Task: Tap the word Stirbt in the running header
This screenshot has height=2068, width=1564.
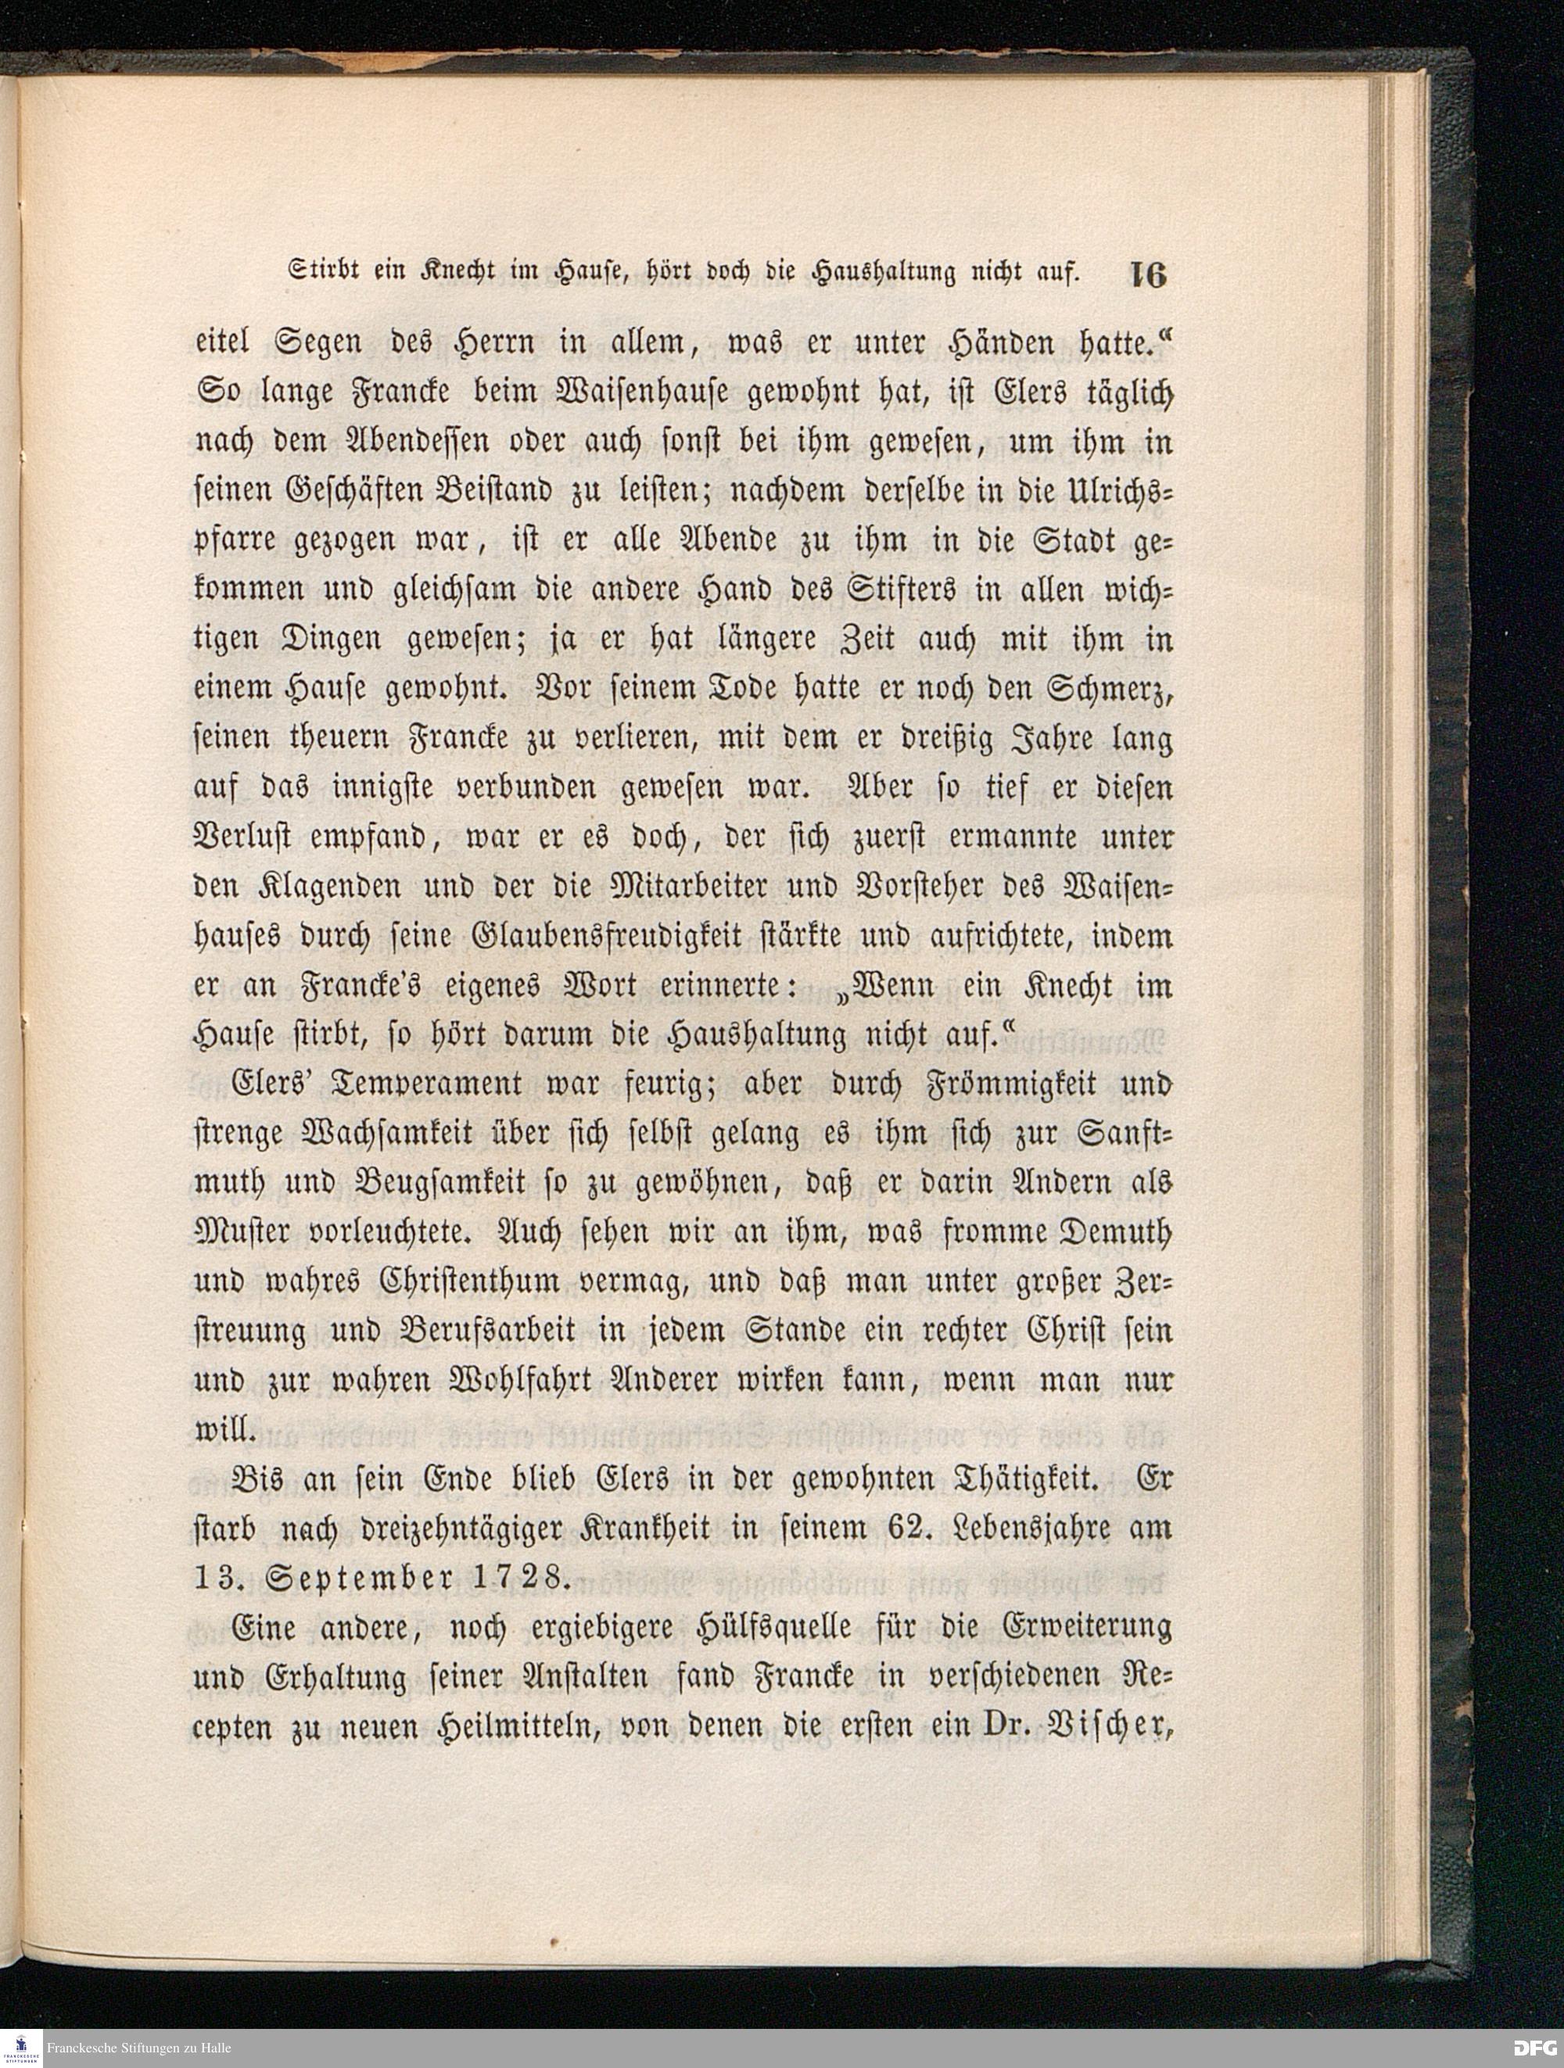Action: coord(317,274)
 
